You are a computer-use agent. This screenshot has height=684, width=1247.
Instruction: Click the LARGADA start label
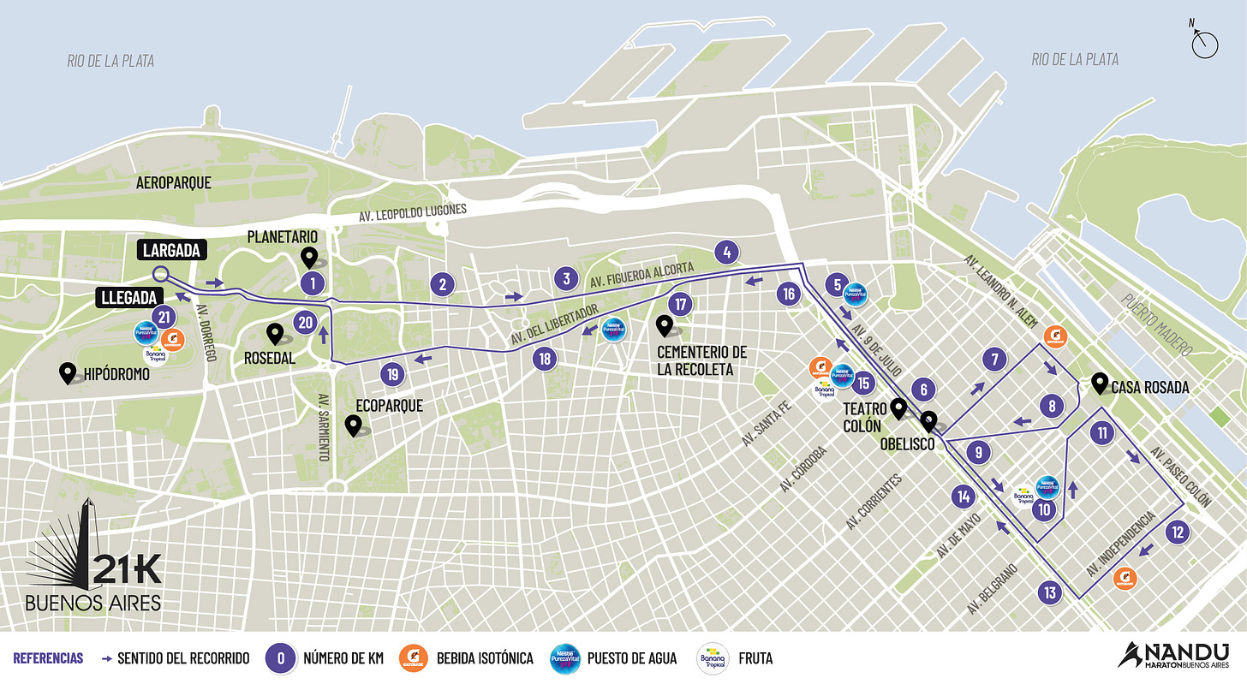pos(173,251)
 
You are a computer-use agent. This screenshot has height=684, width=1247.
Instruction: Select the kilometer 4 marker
pos(726,253)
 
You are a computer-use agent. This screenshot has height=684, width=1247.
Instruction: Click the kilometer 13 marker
pos(1050,592)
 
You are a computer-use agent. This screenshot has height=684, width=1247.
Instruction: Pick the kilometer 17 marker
pos(681,304)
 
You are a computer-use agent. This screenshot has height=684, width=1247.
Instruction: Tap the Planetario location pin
pos(309,257)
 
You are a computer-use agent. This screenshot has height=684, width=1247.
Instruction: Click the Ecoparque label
pos(390,406)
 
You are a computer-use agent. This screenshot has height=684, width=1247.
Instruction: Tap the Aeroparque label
pos(174,183)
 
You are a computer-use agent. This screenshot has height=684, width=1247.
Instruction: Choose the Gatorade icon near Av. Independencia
pos(1125,579)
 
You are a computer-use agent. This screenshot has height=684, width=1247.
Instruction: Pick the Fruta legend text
pos(756,658)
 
